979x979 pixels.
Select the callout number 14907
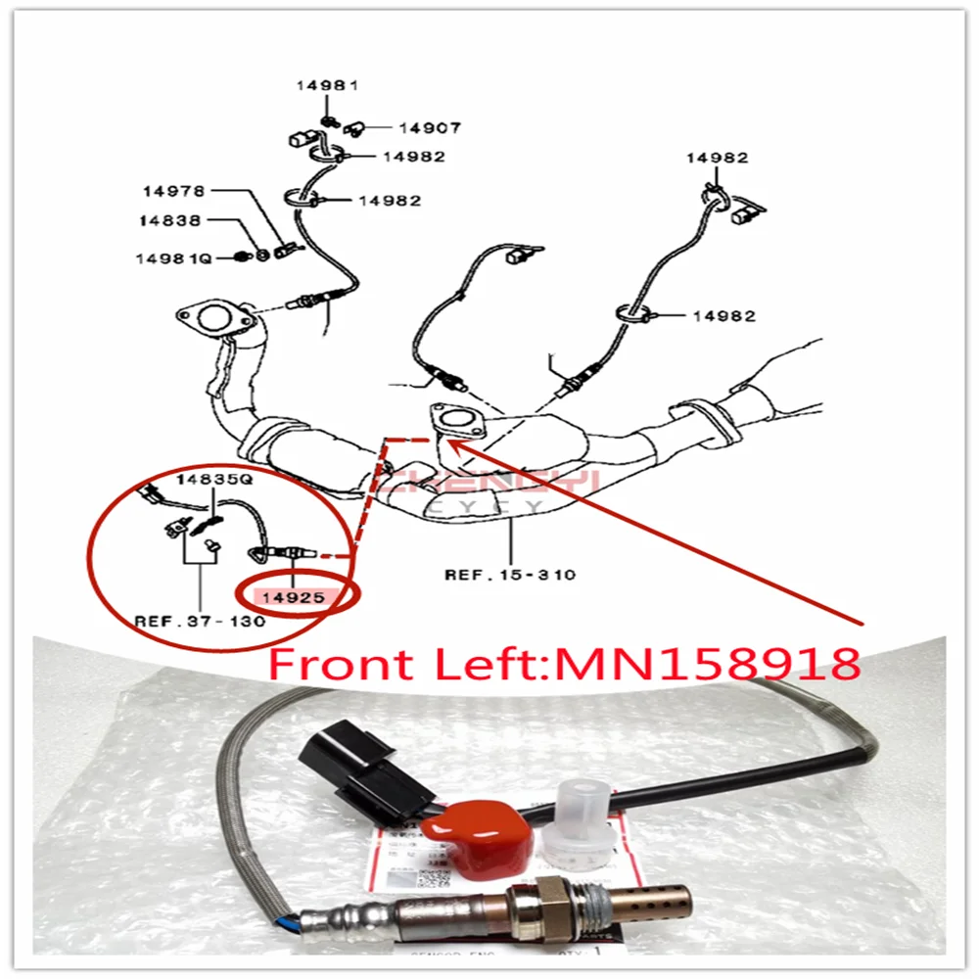pyautogui.click(x=429, y=127)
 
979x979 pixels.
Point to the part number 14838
pyautogui.click(x=169, y=222)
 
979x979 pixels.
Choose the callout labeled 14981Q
pyautogui.click(x=173, y=258)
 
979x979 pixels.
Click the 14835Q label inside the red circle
pyautogui.click(x=214, y=481)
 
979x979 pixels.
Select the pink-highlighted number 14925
pyautogui.click(x=292, y=596)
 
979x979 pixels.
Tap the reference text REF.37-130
pyautogui.click(x=200, y=622)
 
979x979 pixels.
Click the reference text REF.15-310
pyautogui.click(x=510, y=574)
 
